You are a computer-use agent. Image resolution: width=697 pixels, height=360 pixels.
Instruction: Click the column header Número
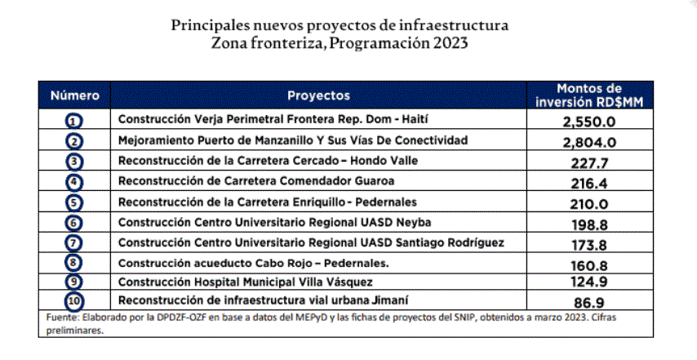coord(75,96)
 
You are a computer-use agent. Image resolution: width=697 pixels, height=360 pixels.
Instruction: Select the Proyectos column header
coord(318,96)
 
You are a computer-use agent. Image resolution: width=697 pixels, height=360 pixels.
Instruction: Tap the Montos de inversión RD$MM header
coord(588,96)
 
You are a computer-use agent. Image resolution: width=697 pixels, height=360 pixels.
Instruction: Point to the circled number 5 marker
coord(75,202)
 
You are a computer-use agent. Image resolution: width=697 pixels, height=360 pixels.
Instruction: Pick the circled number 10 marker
coord(75,302)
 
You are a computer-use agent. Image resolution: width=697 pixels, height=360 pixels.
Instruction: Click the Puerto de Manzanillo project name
coord(293,140)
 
